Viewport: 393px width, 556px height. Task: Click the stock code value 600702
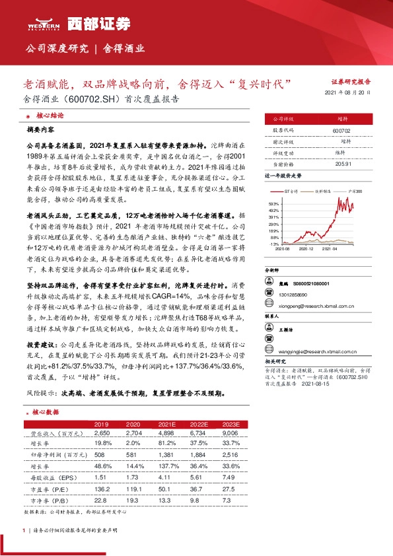(x=341, y=131)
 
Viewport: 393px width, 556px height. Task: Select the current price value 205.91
(x=341, y=163)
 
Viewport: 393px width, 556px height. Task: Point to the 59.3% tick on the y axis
(x=275, y=204)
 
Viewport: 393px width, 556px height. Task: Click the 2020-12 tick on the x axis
(x=306, y=248)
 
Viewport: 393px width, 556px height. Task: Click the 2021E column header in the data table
(x=162, y=424)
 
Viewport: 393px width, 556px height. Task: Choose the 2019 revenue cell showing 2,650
(x=101, y=434)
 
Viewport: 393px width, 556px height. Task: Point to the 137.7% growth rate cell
(x=162, y=466)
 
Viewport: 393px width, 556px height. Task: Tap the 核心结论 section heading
(x=50, y=115)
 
